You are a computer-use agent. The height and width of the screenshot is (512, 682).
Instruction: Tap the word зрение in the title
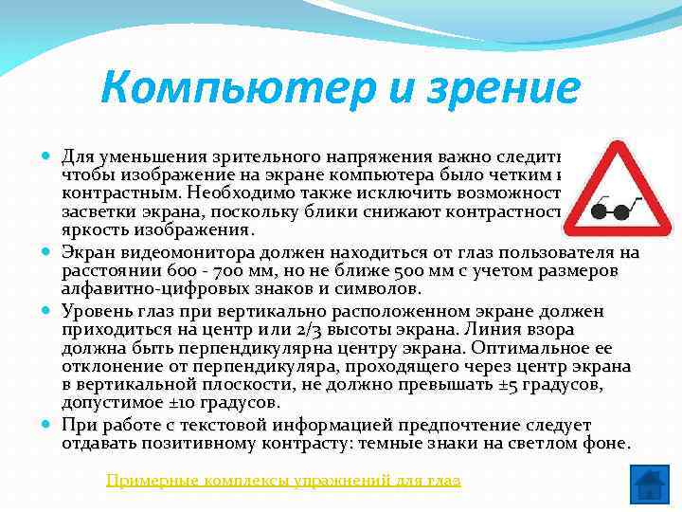494,88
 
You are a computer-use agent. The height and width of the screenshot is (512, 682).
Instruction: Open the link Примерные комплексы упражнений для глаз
283,481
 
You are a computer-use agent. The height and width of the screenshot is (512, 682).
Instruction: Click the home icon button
649,484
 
